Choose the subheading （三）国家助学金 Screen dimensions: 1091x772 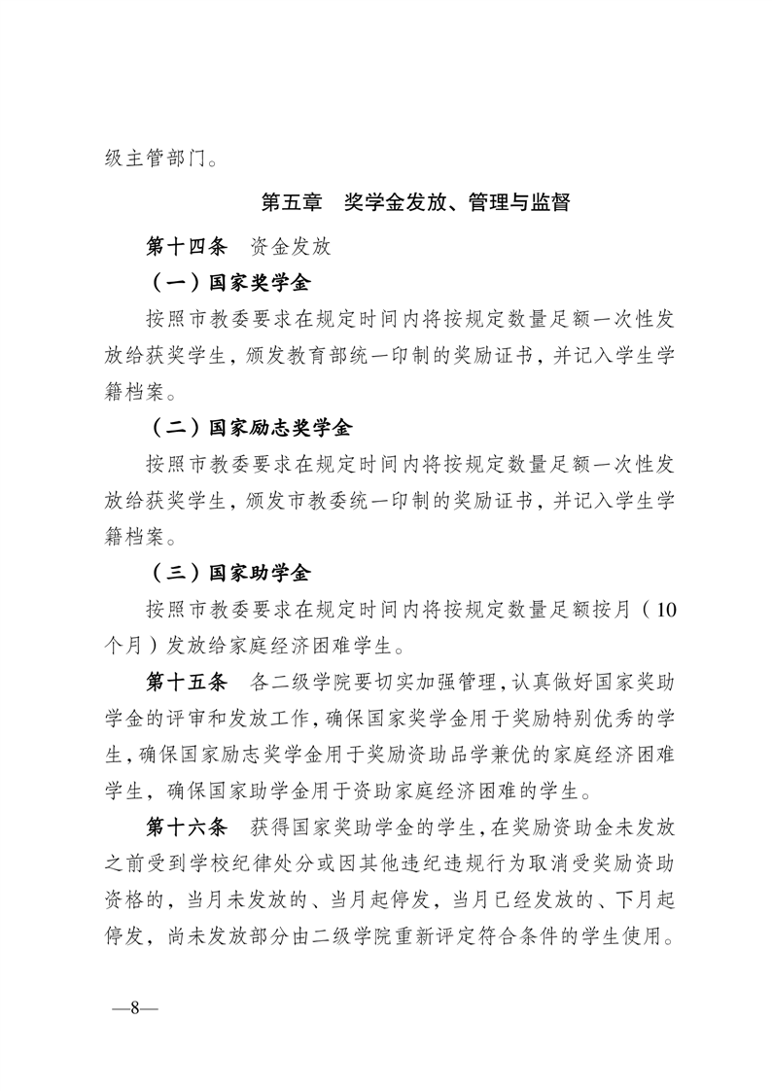[x=228, y=571]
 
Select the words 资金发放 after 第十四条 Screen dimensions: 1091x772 [x=291, y=246]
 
